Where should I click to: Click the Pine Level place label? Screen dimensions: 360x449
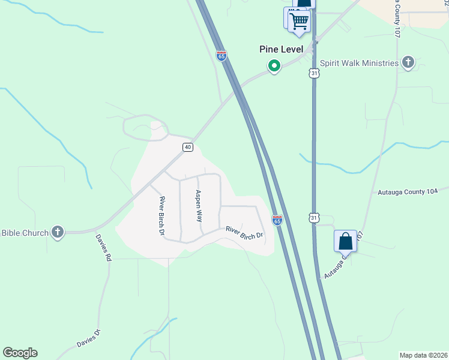point(281,49)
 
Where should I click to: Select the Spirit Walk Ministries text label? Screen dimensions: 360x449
point(359,63)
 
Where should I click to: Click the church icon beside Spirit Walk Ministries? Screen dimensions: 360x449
point(408,62)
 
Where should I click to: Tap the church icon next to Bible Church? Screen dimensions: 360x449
point(58,232)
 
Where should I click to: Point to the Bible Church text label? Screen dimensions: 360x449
point(24,233)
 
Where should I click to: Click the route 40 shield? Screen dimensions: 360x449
point(188,147)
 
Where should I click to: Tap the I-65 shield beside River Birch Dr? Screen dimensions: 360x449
point(277,220)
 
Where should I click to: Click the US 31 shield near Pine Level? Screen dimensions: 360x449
point(314,73)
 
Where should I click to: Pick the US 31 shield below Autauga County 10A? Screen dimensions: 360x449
point(314,218)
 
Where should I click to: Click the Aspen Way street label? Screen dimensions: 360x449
point(198,206)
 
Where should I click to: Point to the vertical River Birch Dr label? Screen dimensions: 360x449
point(162,215)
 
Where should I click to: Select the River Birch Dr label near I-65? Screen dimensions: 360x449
point(244,232)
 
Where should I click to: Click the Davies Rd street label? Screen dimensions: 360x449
point(104,247)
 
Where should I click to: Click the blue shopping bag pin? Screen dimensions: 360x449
point(345,241)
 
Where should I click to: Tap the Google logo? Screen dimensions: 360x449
point(20,353)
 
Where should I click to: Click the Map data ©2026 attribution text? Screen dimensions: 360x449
point(423,355)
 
